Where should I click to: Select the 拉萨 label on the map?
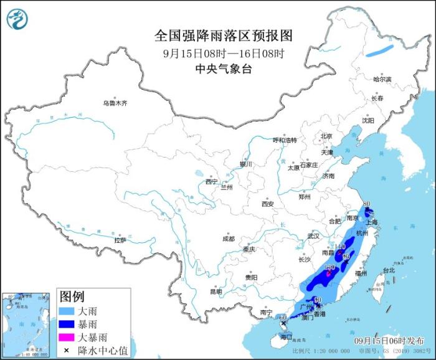coord(120,240)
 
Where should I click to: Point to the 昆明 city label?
coord(216,291)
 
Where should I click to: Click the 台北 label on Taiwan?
coord(388,270)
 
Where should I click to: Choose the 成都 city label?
coord(228,239)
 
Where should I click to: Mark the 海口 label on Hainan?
coord(286,336)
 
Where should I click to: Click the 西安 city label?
coord(268,204)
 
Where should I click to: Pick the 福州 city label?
coord(361,273)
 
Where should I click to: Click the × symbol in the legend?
coord(66,351)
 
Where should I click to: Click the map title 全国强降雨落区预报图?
coord(223,35)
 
